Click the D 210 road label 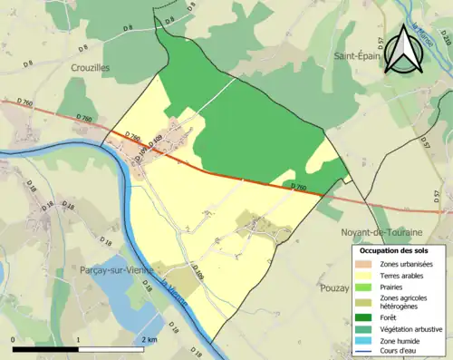(x=445, y=37)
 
